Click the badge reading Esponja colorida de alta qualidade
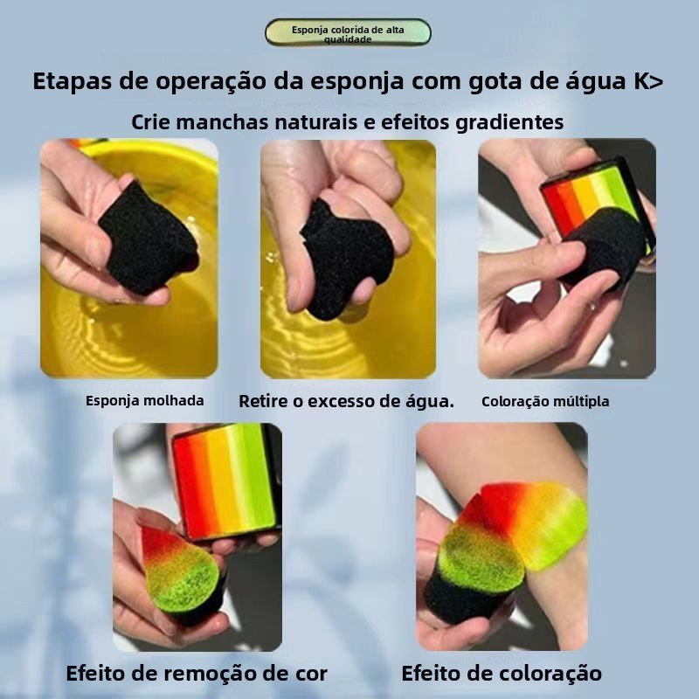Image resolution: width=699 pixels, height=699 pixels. [x=348, y=32]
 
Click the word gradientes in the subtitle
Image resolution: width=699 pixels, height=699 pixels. [x=509, y=122]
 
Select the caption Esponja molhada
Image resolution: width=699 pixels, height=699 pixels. [x=145, y=401]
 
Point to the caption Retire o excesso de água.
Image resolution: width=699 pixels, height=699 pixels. [x=346, y=401]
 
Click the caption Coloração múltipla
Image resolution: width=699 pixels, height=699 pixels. [x=545, y=401]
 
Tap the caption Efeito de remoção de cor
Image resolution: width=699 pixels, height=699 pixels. [x=197, y=673]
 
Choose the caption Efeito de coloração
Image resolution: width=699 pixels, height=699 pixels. [x=502, y=673]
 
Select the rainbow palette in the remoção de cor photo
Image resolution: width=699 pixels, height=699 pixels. [x=225, y=481]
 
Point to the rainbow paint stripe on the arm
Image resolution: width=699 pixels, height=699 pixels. [x=535, y=522]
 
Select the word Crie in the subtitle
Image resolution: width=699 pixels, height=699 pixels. [x=150, y=122]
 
